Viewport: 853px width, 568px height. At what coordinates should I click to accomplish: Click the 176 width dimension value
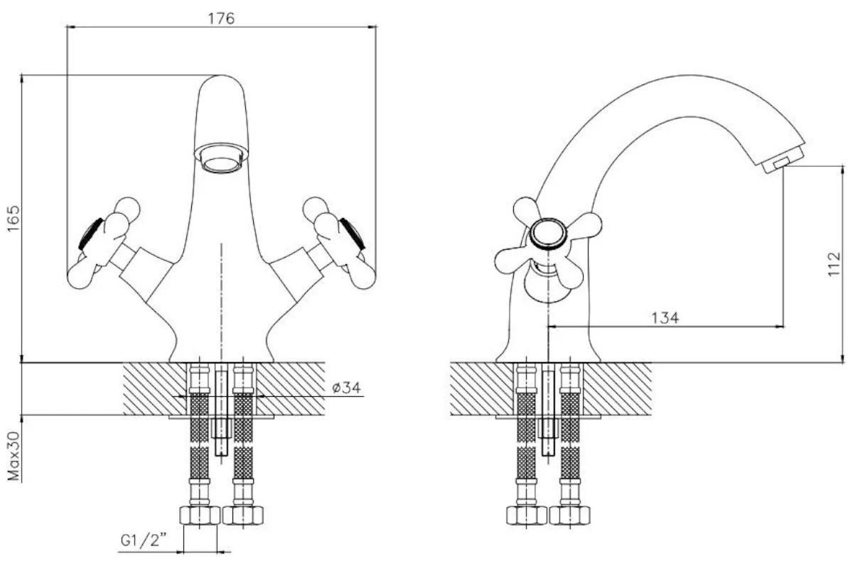(x=222, y=18)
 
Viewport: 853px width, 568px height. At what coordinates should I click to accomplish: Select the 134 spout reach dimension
(x=665, y=317)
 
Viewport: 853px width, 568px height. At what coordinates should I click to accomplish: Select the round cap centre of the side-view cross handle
(x=549, y=233)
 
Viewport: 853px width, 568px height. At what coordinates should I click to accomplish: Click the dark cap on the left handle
(x=90, y=234)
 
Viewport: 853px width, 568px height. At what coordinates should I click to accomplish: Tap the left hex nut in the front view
(x=200, y=515)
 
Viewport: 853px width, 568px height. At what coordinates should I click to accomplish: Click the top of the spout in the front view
(x=222, y=80)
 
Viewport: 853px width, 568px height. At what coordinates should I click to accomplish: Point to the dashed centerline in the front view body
(x=222, y=298)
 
